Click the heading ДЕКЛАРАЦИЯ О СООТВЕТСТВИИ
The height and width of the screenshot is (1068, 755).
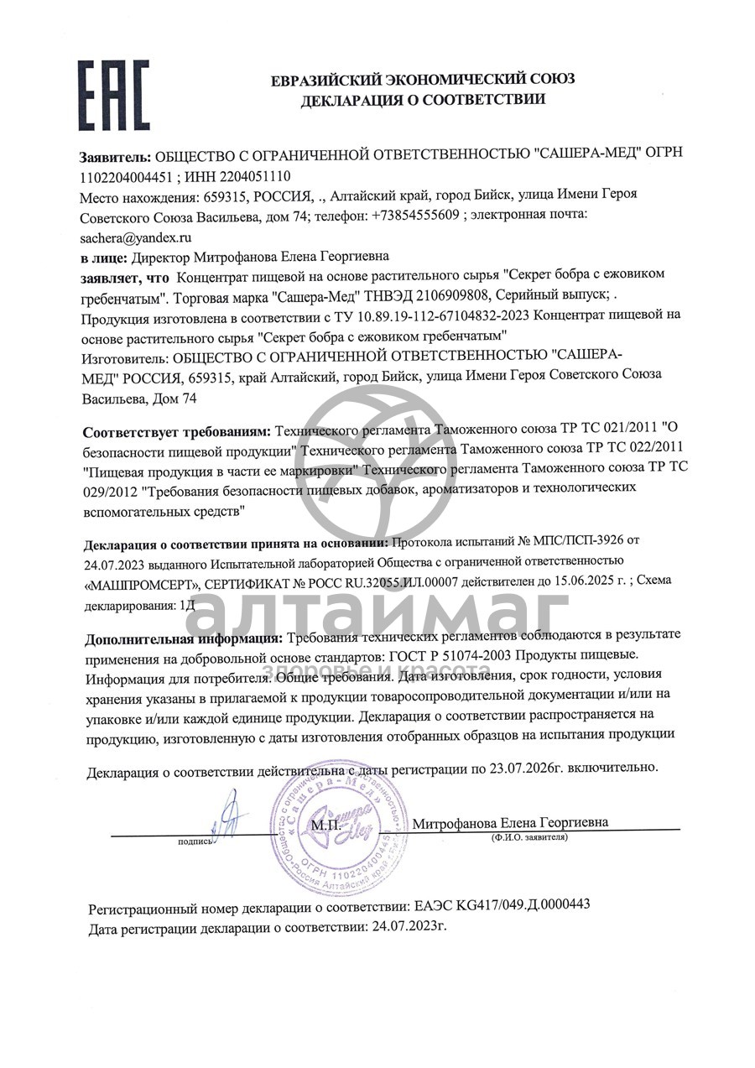point(423,100)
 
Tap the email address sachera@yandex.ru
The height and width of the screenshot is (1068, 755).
point(136,237)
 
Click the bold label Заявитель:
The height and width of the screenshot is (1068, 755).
point(116,154)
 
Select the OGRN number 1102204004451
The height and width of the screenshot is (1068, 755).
point(126,176)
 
